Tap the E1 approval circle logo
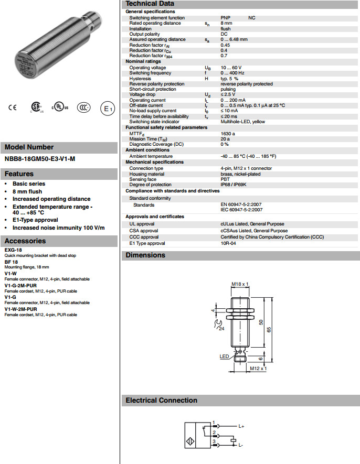(x=107, y=109)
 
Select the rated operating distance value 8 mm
(x=226, y=23)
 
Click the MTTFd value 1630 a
(x=228, y=133)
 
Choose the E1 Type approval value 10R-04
(x=228, y=243)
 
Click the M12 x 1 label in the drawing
(x=258, y=368)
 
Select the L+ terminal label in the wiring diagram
(x=241, y=426)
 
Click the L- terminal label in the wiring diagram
(x=240, y=445)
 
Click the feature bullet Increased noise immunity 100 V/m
(x=59, y=228)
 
